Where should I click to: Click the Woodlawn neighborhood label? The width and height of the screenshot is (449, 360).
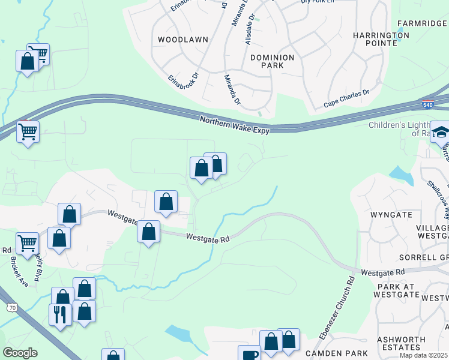coord(182,40)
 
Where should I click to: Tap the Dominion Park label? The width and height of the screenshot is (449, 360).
coord(272,62)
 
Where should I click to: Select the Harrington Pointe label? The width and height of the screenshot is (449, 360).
coord(381,39)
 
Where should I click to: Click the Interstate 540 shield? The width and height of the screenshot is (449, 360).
coord(427,104)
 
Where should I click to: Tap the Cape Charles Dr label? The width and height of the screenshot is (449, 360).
coord(346,99)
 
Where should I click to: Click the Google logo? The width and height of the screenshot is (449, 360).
coord(20,353)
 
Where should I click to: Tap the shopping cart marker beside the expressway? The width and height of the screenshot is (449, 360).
coord(28,131)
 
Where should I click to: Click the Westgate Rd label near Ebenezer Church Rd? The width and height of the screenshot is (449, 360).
coord(383,272)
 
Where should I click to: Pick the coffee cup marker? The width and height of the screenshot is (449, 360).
coord(249,354)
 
